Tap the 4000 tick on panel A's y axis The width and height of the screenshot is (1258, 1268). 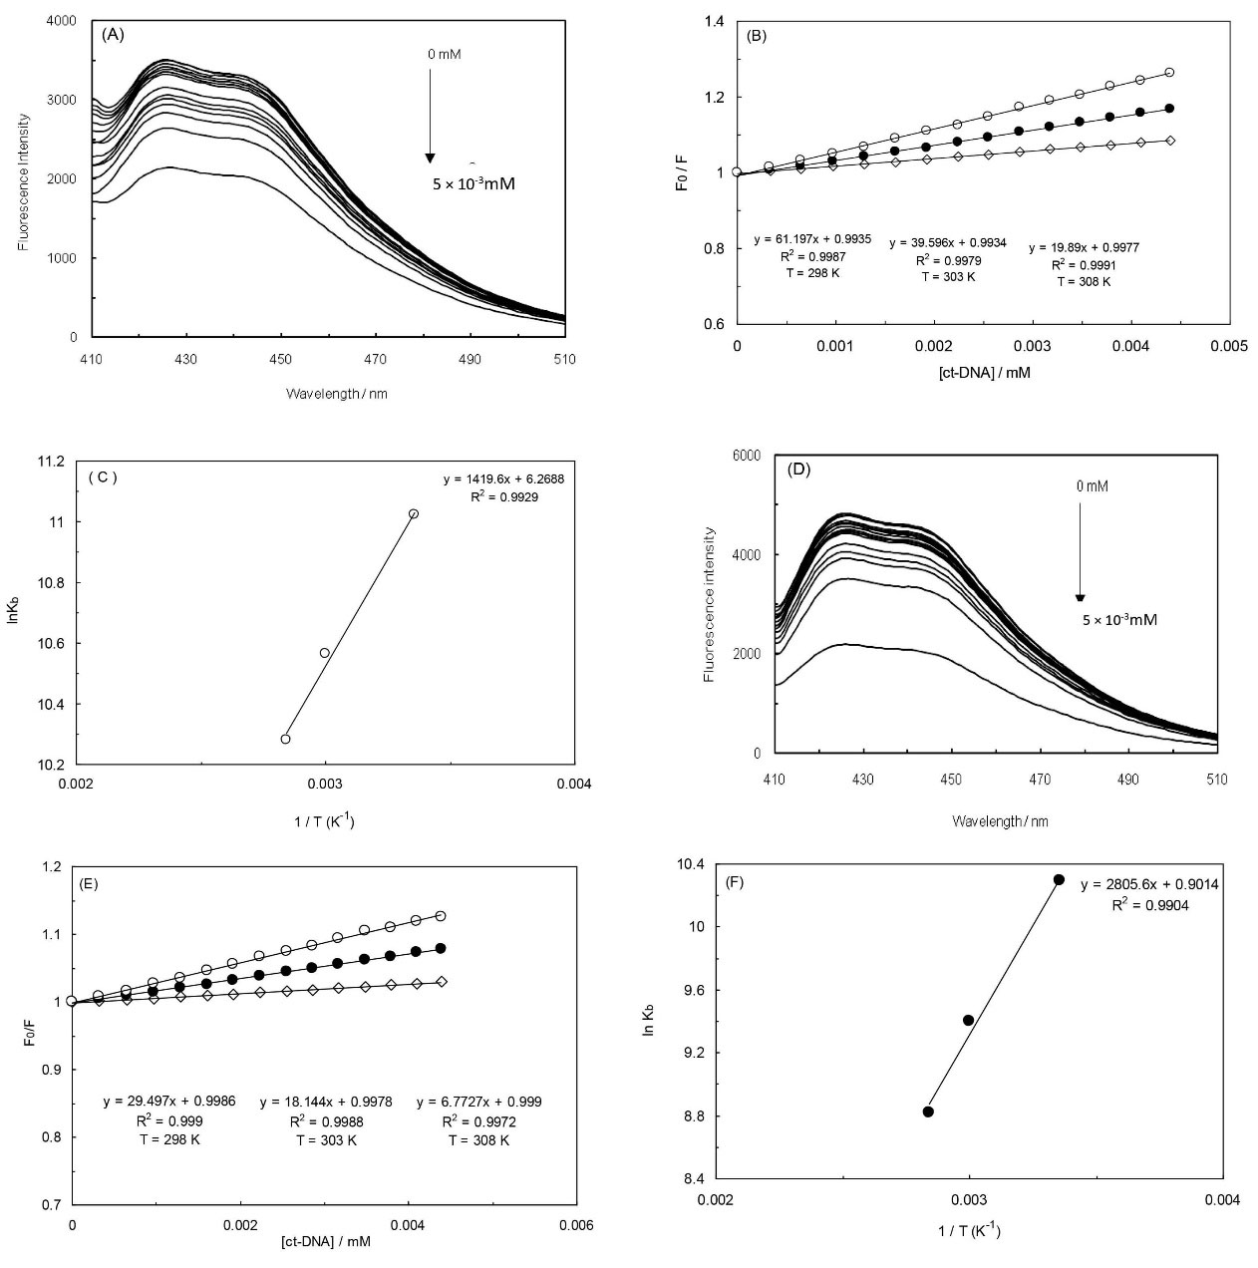66,20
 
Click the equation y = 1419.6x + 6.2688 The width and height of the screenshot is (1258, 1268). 504,479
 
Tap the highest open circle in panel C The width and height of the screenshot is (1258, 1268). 414,513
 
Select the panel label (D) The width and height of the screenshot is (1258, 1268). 799,469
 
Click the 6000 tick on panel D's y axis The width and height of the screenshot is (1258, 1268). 747,456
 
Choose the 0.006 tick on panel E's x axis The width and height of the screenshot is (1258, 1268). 576,1224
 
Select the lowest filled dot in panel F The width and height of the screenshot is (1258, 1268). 928,1111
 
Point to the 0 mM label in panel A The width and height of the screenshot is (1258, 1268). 445,54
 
